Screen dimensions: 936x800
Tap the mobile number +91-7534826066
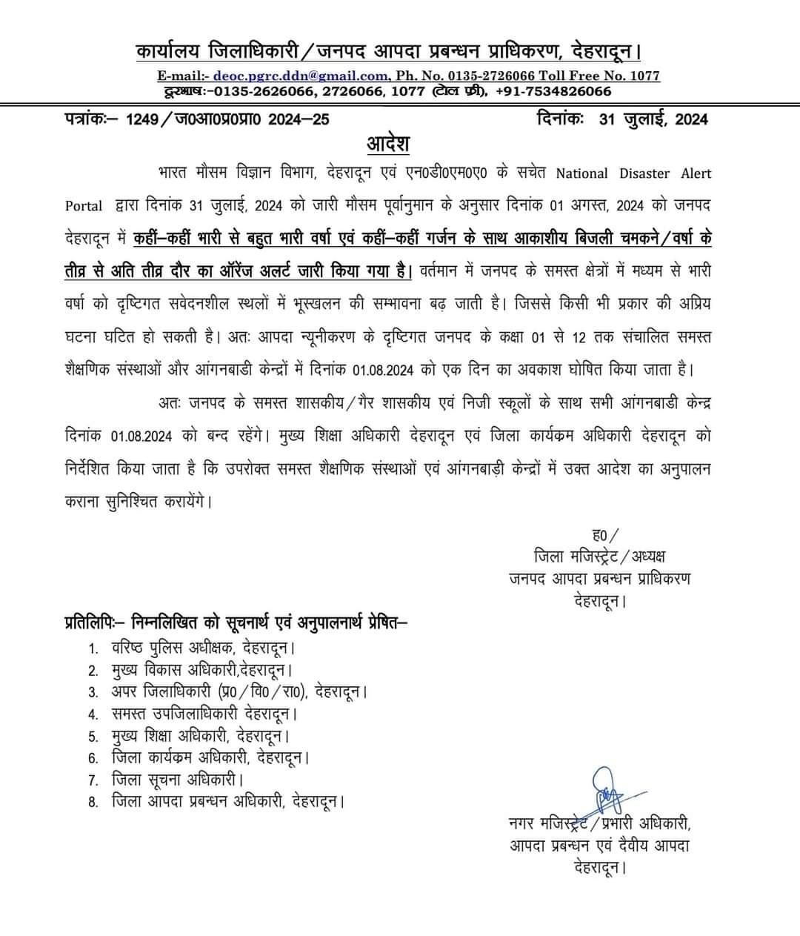pos(553,91)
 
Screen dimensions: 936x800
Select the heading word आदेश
pos(387,143)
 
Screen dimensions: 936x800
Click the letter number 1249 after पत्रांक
pos(142,119)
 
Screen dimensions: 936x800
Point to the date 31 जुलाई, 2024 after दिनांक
pos(653,119)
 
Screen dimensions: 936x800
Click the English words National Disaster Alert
pos(633,173)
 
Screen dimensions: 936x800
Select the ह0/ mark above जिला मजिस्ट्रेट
pos(605,534)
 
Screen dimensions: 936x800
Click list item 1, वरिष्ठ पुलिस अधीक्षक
pos(202,648)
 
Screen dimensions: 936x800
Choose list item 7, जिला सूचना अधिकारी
pos(177,779)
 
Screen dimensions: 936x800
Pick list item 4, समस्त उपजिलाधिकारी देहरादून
pos(204,714)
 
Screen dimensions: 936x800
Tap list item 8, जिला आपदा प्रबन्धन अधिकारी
pos(228,801)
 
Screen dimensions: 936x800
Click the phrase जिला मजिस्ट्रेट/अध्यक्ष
pos(599,556)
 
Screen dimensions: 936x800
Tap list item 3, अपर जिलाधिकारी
pos(239,692)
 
